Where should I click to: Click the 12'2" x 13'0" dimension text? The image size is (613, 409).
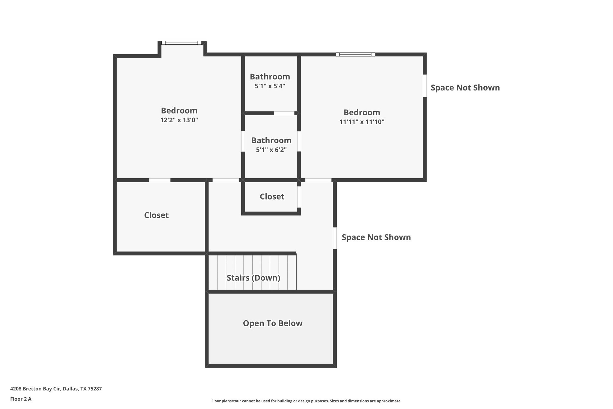179,120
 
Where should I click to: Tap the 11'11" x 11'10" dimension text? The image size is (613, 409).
362,122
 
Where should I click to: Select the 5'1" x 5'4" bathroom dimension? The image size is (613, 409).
270,86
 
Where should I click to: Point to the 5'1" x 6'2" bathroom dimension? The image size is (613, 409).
271,150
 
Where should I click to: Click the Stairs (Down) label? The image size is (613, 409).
253,278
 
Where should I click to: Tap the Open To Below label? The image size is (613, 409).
272,323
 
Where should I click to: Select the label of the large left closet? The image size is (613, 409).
156,215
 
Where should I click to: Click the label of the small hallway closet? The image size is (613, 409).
272,197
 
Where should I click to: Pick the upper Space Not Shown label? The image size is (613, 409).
465,88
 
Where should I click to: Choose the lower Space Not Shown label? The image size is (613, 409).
376,237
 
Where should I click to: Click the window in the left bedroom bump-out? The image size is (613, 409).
181,43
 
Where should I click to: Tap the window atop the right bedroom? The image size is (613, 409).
355,55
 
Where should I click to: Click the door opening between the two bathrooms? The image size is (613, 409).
284,113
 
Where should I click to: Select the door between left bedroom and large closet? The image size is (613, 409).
160,180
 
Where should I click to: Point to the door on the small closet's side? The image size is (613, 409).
299,197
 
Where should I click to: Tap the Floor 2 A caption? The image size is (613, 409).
21,399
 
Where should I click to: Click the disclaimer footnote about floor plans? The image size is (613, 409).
306,401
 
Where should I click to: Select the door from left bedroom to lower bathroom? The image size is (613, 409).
243,141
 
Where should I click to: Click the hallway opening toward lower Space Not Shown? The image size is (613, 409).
335,238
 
